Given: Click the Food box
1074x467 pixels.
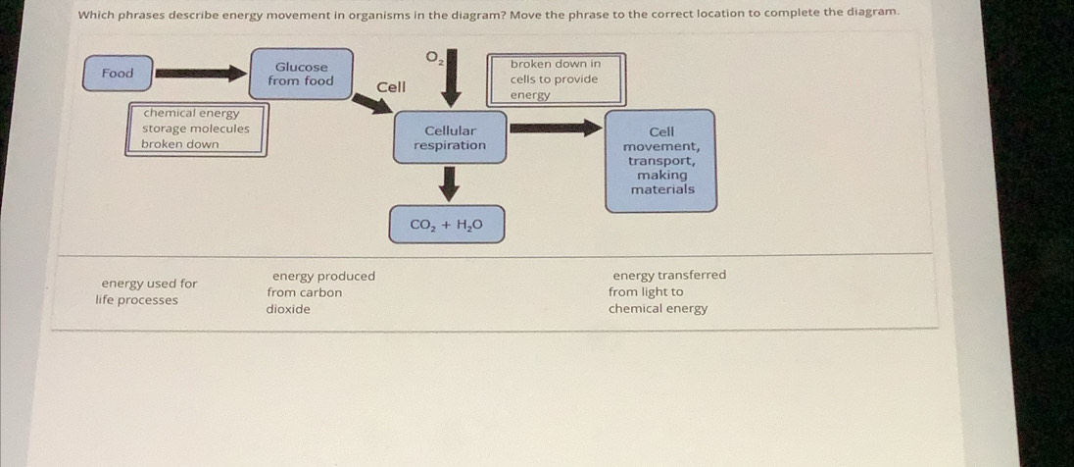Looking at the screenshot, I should click(118, 74).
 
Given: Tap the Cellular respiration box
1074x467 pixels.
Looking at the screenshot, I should click(449, 137).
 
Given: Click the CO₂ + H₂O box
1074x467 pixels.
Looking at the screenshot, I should click(446, 225).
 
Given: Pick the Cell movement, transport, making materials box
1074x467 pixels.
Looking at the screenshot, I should click(660, 160).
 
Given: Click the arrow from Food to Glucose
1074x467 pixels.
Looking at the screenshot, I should click(200, 74).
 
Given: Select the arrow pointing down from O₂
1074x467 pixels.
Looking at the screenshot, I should click(451, 84).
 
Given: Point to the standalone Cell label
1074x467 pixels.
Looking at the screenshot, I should click(391, 87).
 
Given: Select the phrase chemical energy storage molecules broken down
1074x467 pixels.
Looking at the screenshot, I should click(196, 130).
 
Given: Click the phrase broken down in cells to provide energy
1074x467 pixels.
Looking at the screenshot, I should click(555, 79).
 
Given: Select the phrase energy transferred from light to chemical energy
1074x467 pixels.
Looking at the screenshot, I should click(662, 291).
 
